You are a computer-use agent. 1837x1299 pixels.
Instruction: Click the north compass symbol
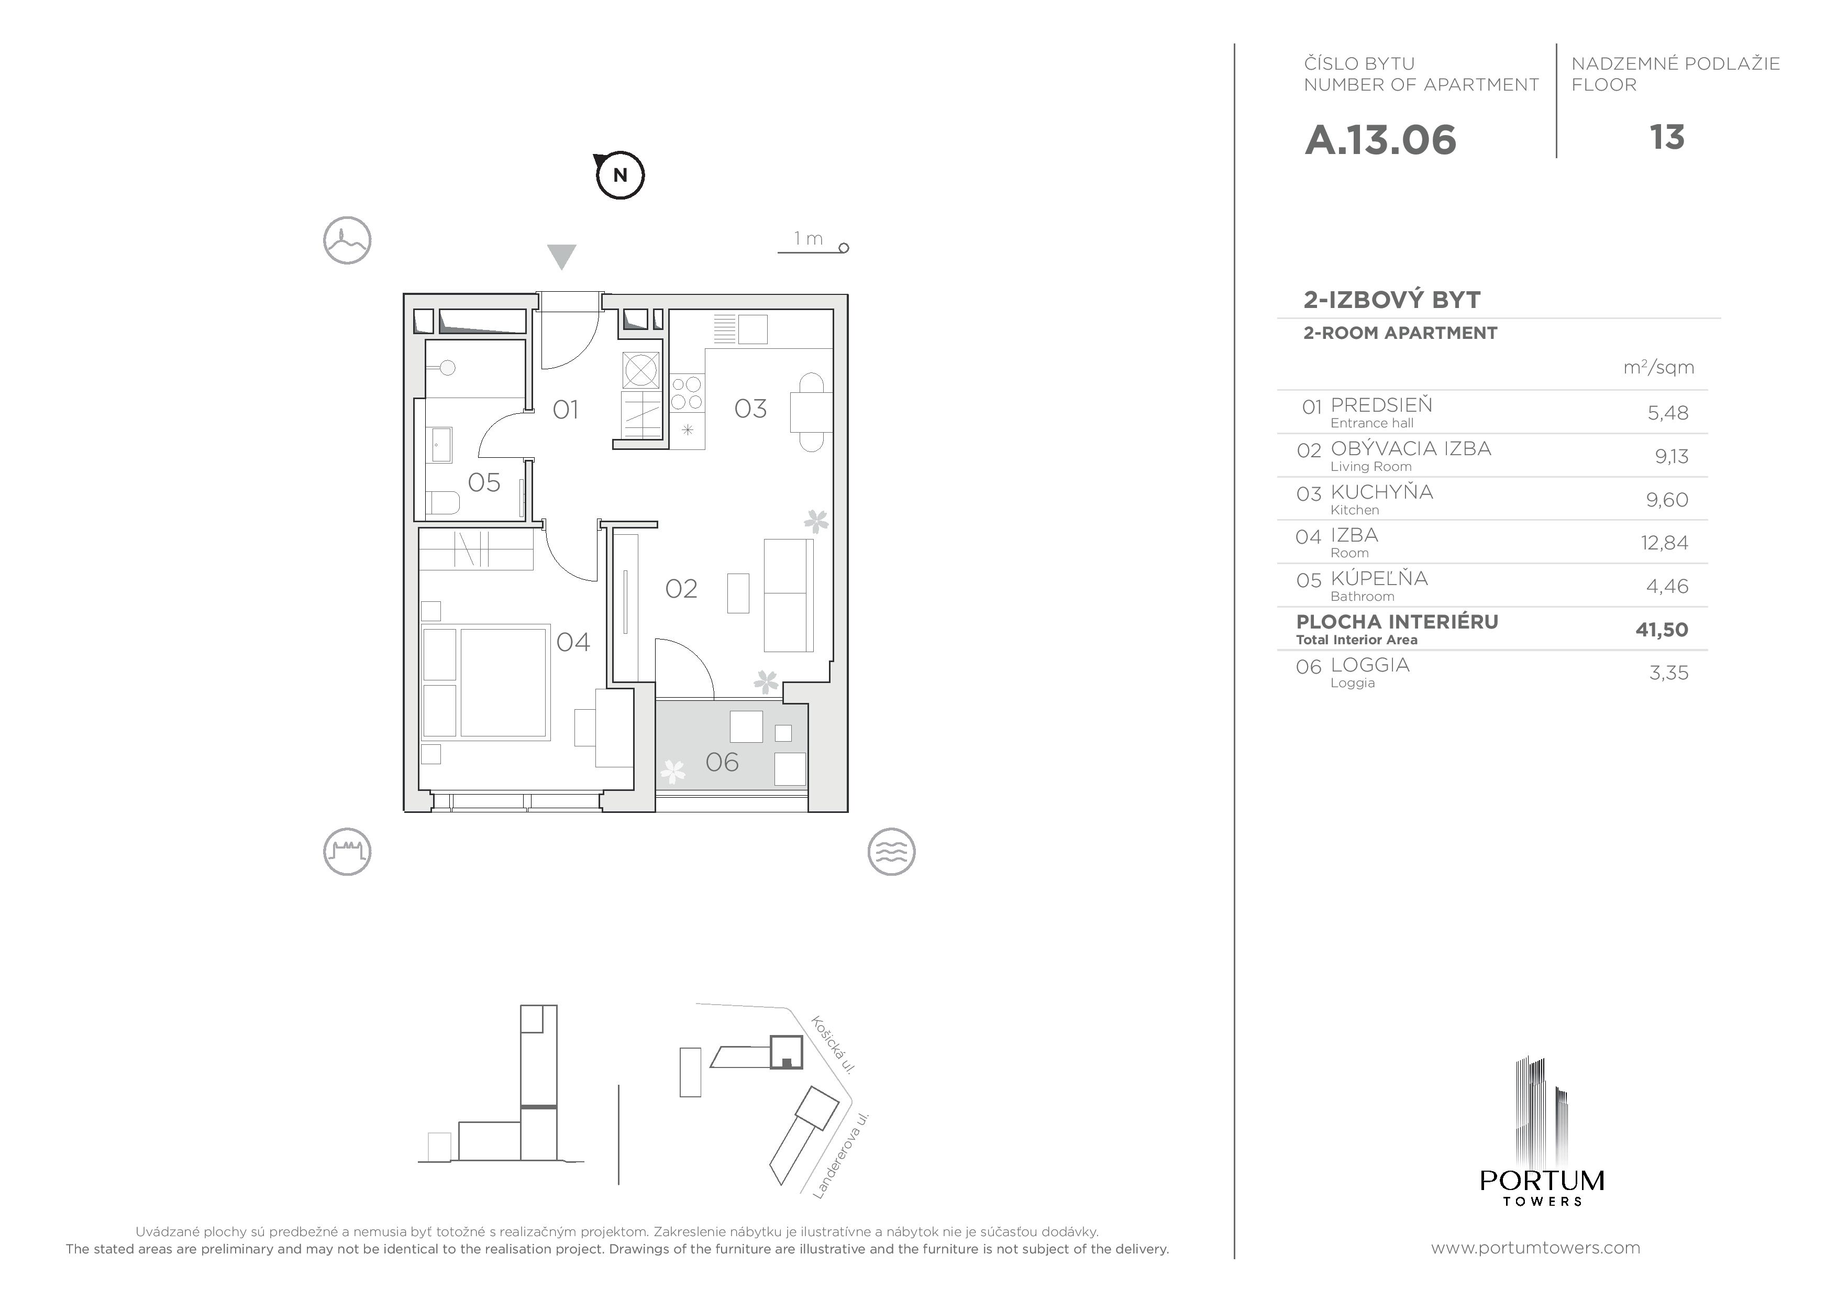click(619, 174)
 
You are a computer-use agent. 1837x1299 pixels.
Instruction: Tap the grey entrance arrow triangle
click(562, 256)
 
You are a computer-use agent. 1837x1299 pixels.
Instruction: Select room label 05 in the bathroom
click(483, 482)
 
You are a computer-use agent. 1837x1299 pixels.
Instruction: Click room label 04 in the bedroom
click(573, 642)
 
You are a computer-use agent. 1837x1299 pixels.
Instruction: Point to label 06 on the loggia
click(722, 762)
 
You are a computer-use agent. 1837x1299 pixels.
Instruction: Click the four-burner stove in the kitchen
click(687, 393)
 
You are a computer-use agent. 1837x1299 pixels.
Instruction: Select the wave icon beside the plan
click(891, 852)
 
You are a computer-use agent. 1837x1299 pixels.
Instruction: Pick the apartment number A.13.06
click(1380, 140)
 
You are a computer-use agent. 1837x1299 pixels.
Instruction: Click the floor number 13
click(1667, 138)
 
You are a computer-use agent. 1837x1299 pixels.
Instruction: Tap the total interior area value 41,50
click(1662, 630)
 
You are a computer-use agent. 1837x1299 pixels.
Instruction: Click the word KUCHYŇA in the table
click(1382, 491)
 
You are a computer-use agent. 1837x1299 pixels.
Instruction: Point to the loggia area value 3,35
click(1668, 673)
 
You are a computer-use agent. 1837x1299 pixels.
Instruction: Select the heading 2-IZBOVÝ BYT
click(1392, 300)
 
